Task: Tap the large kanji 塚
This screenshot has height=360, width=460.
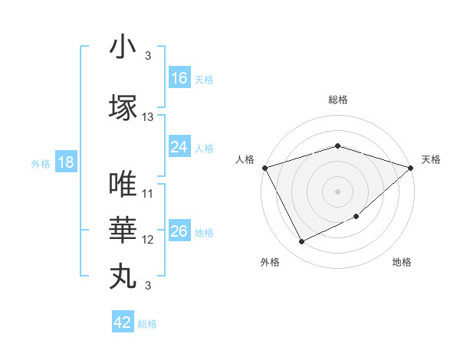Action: click(x=123, y=106)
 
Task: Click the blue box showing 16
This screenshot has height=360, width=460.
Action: click(x=179, y=78)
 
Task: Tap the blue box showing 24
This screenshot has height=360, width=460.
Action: click(x=179, y=147)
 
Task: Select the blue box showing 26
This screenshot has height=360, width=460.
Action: click(x=179, y=231)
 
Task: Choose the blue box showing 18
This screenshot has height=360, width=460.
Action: click(x=65, y=162)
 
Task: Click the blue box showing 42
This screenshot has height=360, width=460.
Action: click(x=123, y=322)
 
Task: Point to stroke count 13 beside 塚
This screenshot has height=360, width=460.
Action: click(x=148, y=117)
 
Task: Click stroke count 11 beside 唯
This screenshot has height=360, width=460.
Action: click(x=148, y=194)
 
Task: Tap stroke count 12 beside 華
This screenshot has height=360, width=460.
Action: click(x=148, y=240)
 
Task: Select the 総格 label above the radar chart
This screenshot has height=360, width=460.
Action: click(x=337, y=100)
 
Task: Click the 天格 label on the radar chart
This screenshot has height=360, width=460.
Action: click(x=431, y=159)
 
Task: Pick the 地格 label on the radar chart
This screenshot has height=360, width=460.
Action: click(x=402, y=263)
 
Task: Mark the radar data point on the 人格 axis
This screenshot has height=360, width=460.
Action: click(x=264, y=168)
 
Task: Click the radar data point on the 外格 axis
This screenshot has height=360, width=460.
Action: click(x=301, y=242)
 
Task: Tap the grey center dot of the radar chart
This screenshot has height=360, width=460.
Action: click(x=337, y=191)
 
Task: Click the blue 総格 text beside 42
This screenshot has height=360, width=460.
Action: click(x=148, y=324)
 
